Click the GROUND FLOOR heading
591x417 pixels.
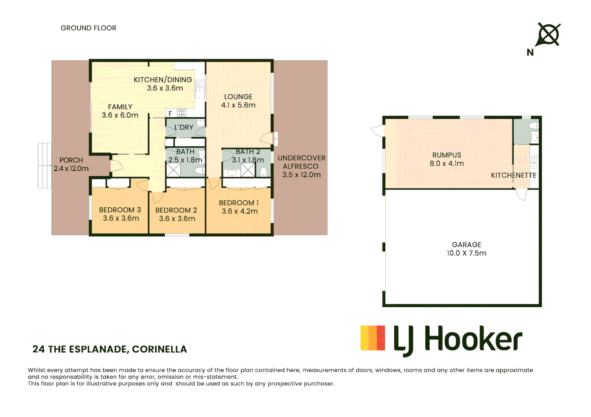(88, 28)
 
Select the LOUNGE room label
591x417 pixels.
(238, 97)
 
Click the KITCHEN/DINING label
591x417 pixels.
(163, 80)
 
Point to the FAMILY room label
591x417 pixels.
(120, 107)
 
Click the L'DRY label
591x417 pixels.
(184, 127)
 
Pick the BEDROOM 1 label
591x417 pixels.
(239, 203)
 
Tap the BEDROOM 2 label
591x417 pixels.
(176, 210)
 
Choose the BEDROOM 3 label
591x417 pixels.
(120, 210)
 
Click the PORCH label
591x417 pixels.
(71, 160)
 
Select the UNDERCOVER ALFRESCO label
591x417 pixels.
(301, 162)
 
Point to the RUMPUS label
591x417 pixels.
(447, 155)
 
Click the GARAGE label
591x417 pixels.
(466, 245)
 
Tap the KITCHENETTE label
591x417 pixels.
(513, 175)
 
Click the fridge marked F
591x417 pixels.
(170, 114)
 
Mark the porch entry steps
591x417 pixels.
(45, 165)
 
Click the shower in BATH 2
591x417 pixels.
(248, 170)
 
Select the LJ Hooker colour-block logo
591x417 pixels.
(372, 338)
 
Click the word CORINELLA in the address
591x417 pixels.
(159, 349)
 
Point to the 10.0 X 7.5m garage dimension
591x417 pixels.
(466, 253)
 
